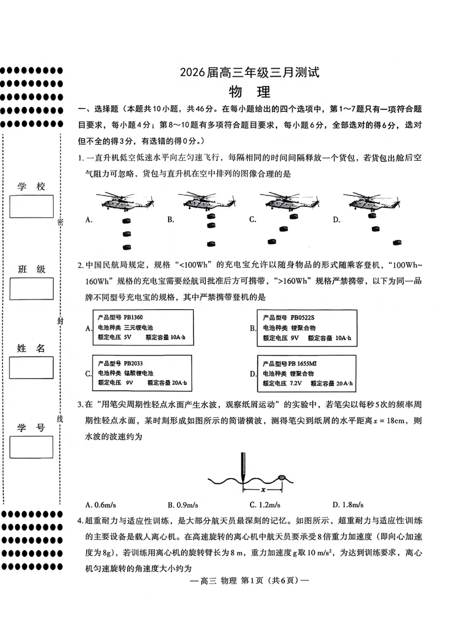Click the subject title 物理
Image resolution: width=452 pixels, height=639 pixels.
click(x=249, y=92)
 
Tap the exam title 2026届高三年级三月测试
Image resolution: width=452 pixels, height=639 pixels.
click(x=249, y=72)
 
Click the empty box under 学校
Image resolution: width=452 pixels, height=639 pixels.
click(x=31, y=206)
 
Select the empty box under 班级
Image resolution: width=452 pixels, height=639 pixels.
click(x=31, y=289)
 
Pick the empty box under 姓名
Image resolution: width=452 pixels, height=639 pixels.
click(x=31, y=367)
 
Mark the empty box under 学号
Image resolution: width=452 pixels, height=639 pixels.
click(x=31, y=447)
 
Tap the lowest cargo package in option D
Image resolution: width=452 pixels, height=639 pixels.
click(x=397, y=242)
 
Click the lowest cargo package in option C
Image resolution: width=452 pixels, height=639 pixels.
click(x=272, y=241)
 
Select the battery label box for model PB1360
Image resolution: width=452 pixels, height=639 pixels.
click(x=143, y=327)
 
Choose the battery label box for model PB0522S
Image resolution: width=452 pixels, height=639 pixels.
click(x=307, y=328)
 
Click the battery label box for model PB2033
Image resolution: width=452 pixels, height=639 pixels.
click(x=142, y=373)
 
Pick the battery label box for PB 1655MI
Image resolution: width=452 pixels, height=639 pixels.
click(x=306, y=374)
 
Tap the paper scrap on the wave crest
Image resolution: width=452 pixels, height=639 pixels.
click(x=282, y=477)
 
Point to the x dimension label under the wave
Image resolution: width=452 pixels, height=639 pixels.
click(x=263, y=490)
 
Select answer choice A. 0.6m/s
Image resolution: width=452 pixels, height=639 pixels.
click(x=100, y=505)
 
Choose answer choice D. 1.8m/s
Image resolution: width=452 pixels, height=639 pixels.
click(x=348, y=505)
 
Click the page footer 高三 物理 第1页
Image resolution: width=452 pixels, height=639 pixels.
click(x=249, y=580)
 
